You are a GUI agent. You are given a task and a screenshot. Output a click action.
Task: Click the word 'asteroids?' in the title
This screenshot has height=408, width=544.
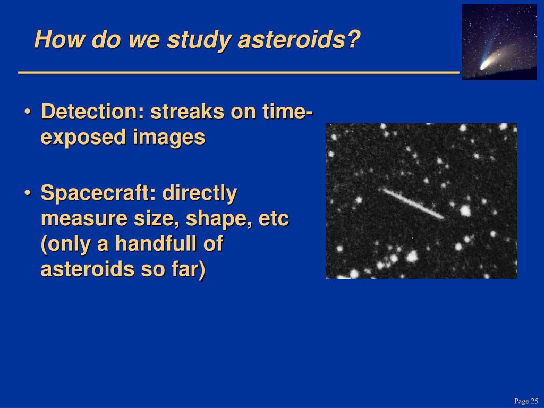coord(299,39)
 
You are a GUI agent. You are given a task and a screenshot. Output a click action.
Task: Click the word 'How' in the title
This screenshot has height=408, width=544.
coord(59,39)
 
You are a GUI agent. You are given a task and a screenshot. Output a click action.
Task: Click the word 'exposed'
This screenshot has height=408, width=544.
coord(83,138)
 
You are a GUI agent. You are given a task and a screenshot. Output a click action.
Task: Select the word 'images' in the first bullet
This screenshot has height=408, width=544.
coord(169,138)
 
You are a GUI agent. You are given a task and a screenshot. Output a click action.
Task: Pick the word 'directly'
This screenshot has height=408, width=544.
coord(200,193)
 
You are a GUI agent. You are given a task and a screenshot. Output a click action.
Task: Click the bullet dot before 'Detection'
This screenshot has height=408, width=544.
coord(28,113)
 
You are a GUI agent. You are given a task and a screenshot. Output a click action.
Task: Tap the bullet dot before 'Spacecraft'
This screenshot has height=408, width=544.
coord(28,193)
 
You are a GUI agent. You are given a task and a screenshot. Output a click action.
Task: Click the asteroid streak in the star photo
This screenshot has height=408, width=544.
coord(412,203)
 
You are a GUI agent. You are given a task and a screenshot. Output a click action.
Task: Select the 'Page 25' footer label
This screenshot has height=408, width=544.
coord(526,401)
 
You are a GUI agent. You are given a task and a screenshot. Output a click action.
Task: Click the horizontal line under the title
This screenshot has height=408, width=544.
coord(239,72)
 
